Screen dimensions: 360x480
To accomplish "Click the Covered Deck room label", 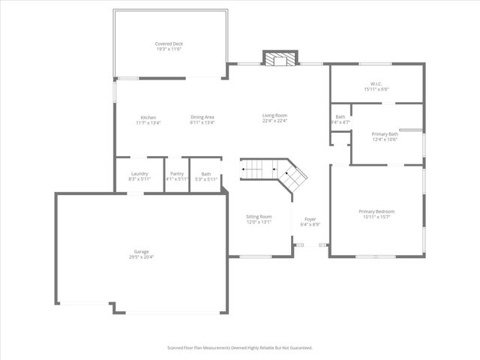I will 169,44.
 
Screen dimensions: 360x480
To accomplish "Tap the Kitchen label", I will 148,117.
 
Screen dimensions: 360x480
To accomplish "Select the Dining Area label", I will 202,117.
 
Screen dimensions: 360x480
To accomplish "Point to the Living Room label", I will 274,115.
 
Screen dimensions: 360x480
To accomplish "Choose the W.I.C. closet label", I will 376,84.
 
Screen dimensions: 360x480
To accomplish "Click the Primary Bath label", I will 385,133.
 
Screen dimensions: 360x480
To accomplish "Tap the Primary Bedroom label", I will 376,211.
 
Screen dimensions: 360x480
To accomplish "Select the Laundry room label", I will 139,174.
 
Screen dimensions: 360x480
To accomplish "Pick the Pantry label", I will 177,174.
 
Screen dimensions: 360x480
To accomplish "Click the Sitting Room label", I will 259,217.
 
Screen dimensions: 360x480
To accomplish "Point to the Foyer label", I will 310,219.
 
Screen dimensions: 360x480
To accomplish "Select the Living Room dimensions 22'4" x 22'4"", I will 274,121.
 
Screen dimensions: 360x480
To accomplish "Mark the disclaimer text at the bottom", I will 239,348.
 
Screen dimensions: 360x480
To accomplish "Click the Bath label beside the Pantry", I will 205,174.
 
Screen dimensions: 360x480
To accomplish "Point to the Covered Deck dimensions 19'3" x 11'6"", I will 169,49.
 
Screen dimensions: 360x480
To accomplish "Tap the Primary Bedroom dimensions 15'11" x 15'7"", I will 376,217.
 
